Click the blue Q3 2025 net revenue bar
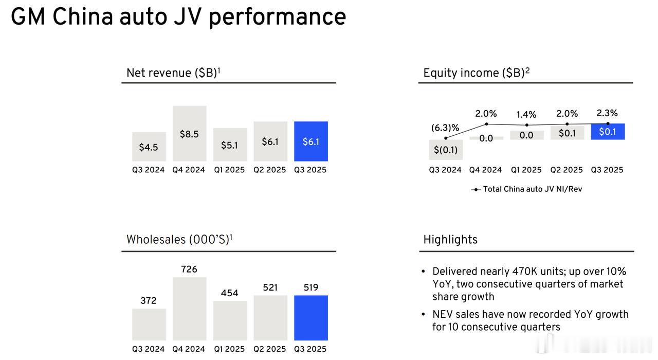310,141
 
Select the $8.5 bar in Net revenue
189,134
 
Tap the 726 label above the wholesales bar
189,269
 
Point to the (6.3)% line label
445,128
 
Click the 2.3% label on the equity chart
607,113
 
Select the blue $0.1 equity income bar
607,132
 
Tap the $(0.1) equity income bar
445,150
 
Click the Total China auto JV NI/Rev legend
532,189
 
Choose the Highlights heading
450,240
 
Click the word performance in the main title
277,16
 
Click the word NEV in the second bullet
443,314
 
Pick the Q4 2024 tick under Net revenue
189,170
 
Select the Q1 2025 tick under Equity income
526,170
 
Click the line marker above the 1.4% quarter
526,125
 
